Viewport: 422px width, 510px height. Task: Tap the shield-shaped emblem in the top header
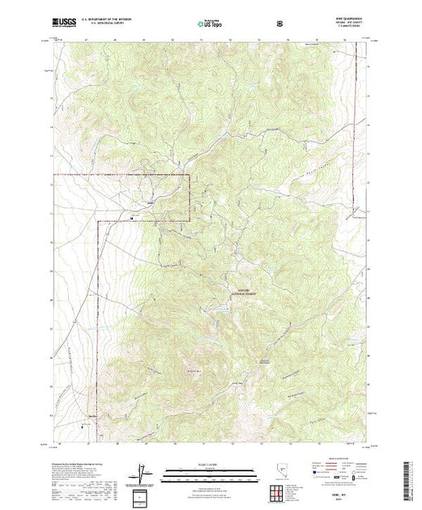click(280, 23)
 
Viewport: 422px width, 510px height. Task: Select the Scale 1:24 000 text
click(211, 464)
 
